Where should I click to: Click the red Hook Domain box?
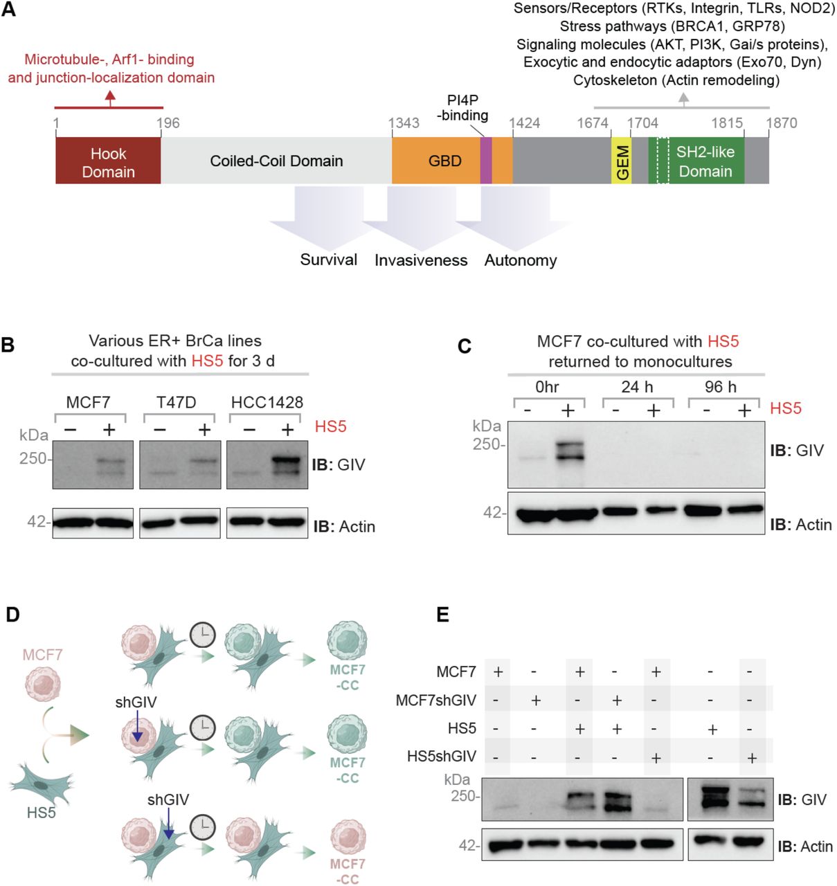pyautogui.click(x=108, y=161)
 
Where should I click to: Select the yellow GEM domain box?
pyautogui.click(x=622, y=161)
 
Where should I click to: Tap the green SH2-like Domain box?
pyautogui.click(x=705, y=161)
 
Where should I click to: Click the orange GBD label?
pyautogui.click(x=444, y=161)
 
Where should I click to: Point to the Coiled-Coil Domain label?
pyautogui.click(x=276, y=161)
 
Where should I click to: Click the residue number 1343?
pyautogui.click(x=403, y=123)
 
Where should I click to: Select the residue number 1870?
pyautogui.click(x=781, y=123)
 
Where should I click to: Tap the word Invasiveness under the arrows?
pyautogui.click(x=421, y=260)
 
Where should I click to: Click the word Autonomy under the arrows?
pyautogui.click(x=520, y=260)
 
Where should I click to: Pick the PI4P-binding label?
pyautogui.click(x=462, y=108)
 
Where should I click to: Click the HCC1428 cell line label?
pyautogui.click(x=267, y=402)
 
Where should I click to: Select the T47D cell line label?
pyautogui.click(x=176, y=402)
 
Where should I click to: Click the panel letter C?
pyautogui.click(x=465, y=345)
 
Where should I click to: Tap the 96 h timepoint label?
pyautogui.click(x=720, y=387)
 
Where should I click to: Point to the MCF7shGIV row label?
pyautogui.click(x=435, y=700)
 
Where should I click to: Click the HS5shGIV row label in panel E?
pyautogui.click(x=441, y=757)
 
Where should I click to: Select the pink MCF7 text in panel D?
pyautogui.click(x=42, y=654)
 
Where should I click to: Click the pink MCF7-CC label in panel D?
pyautogui.click(x=348, y=871)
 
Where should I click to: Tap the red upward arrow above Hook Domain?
pyautogui.click(x=109, y=99)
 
